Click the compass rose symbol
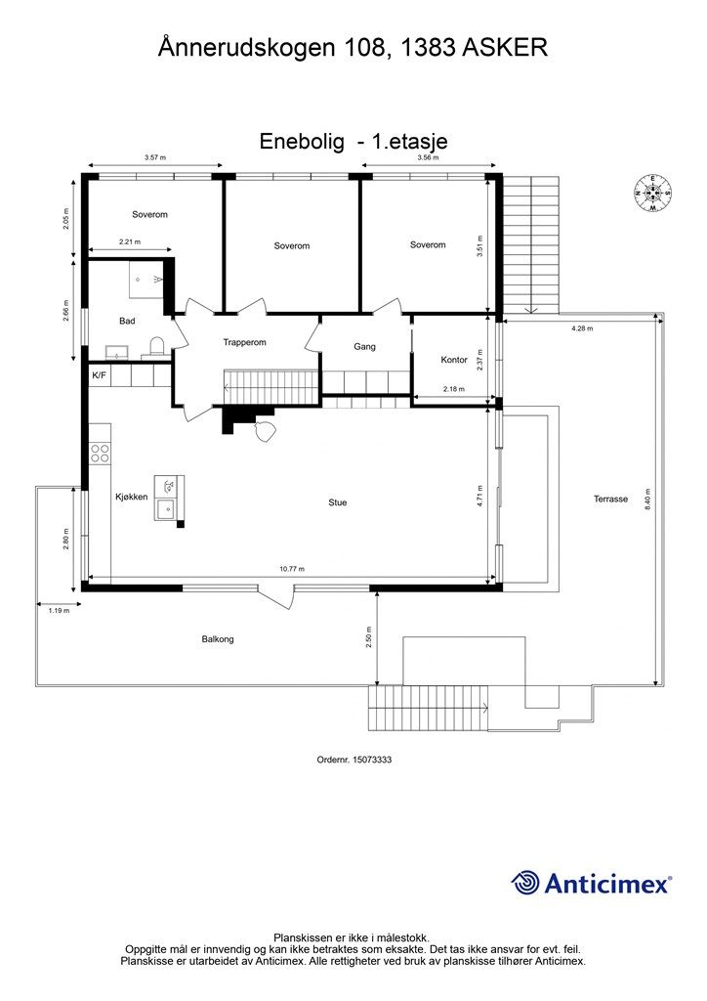[653, 194]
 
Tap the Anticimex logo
[592, 883]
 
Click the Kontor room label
[454, 360]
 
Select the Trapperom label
[244, 342]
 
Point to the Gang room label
[364, 346]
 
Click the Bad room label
[127, 321]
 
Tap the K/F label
[99, 375]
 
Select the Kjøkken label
[131, 497]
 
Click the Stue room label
[338, 502]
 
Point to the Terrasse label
[610, 499]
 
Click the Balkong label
[218, 639]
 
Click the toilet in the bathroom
[156, 344]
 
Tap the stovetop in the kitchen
[100, 453]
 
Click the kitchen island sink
[168, 507]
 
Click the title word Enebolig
[301, 142]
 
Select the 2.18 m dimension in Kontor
[454, 389]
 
